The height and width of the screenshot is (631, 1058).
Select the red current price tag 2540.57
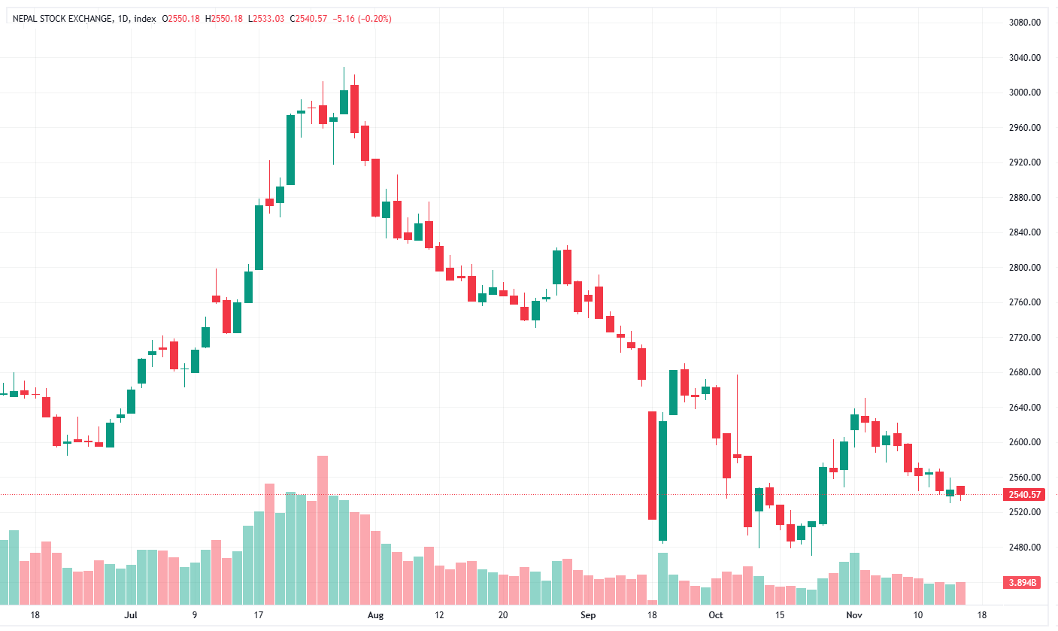click(1023, 495)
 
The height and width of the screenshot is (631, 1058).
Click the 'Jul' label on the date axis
click(131, 614)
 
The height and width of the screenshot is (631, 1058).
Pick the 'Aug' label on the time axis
click(376, 614)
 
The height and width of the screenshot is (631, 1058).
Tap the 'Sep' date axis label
click(588, 614)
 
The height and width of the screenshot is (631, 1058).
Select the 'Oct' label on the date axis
click(715, 614)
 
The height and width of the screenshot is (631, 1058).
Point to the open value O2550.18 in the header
click(181, 18)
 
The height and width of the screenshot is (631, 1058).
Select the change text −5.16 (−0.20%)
click(362, 18)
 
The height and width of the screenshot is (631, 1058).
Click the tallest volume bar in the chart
click(323, 530)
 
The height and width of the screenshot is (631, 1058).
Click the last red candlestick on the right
click(960, 490)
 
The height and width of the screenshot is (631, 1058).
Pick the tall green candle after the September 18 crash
click(662, 481)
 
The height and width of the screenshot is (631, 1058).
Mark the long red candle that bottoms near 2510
click(652, 465)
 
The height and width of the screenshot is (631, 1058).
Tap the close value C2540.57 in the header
click(308, 18)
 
